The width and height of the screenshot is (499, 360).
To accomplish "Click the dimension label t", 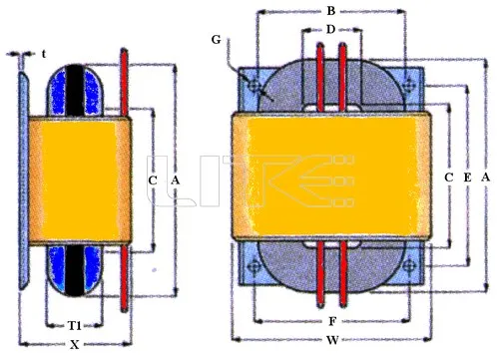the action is pyautogui.click(x=44, y=54).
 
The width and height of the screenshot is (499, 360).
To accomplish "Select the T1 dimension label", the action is pyautogui.click(x=75, y=325).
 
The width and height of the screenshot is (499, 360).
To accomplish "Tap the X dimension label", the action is pyautogui.click(x=75, y=345).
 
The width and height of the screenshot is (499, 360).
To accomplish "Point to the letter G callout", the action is pyautogui.click(x=217, y=40).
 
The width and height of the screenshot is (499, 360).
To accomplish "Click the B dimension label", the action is pyautogui.click(x=330, y=11).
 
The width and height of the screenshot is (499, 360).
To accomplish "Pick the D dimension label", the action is pyautogui.click(x=330, y=30).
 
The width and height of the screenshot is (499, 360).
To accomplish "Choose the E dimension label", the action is pyautogui.click(x=467, y=178).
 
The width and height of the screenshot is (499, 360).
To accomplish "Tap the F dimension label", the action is pyautogui.click(x=332, y=321).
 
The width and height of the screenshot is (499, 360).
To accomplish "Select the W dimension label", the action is pyautogui.click(x=332, y=340).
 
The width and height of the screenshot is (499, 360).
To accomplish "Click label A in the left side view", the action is pyautogui.click(x=175, y=180).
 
